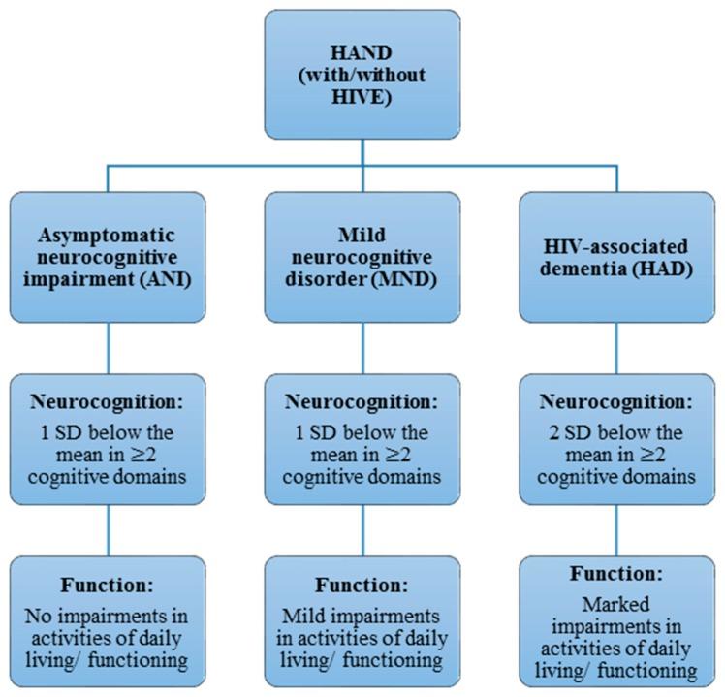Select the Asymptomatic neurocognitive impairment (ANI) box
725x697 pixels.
pyautogui.click(x=108, y=257)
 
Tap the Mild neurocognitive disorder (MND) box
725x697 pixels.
pyautogui.click(x=362, y=257)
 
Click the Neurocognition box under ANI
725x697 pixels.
pyautogui.click(x=108, y=440)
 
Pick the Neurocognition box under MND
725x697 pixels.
pyautogui.click(x=362, y=440)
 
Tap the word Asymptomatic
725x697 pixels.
pyautogui.click(x=108, y=235)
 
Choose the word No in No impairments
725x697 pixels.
pyautogui.click(x=47, y=616)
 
